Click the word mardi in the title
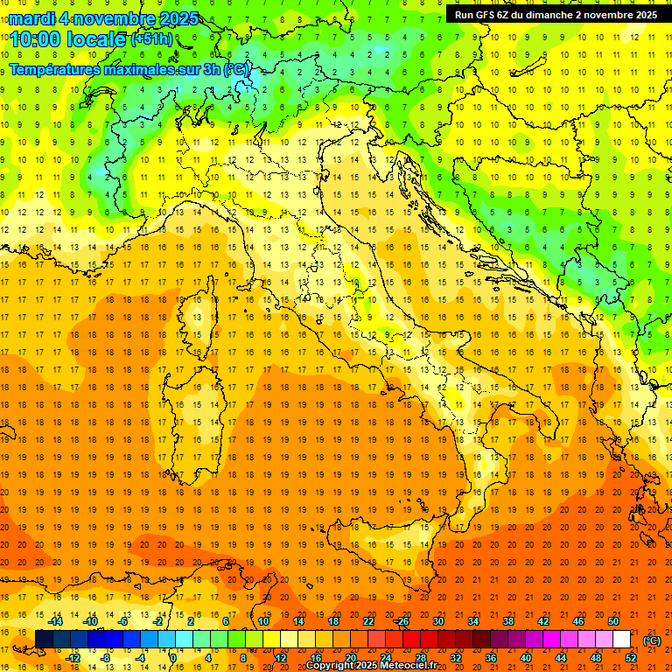tap(34, 18)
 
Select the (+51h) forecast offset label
tap(151, 38)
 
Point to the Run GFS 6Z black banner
tap(556, 14)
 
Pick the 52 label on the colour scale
tap(631, 657)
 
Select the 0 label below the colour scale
tap(173, 657)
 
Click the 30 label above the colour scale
tap(437, 620)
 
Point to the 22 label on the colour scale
tap(368, 620)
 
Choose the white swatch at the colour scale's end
tap(622, 639)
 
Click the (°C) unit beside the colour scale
tap(651, 640)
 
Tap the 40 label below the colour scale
tap(525, 657)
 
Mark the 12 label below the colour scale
tap(281, 657)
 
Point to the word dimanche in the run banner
tap(549, 14)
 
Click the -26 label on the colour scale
tap(402, 620)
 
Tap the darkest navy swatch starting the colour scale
tap(44, 639)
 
